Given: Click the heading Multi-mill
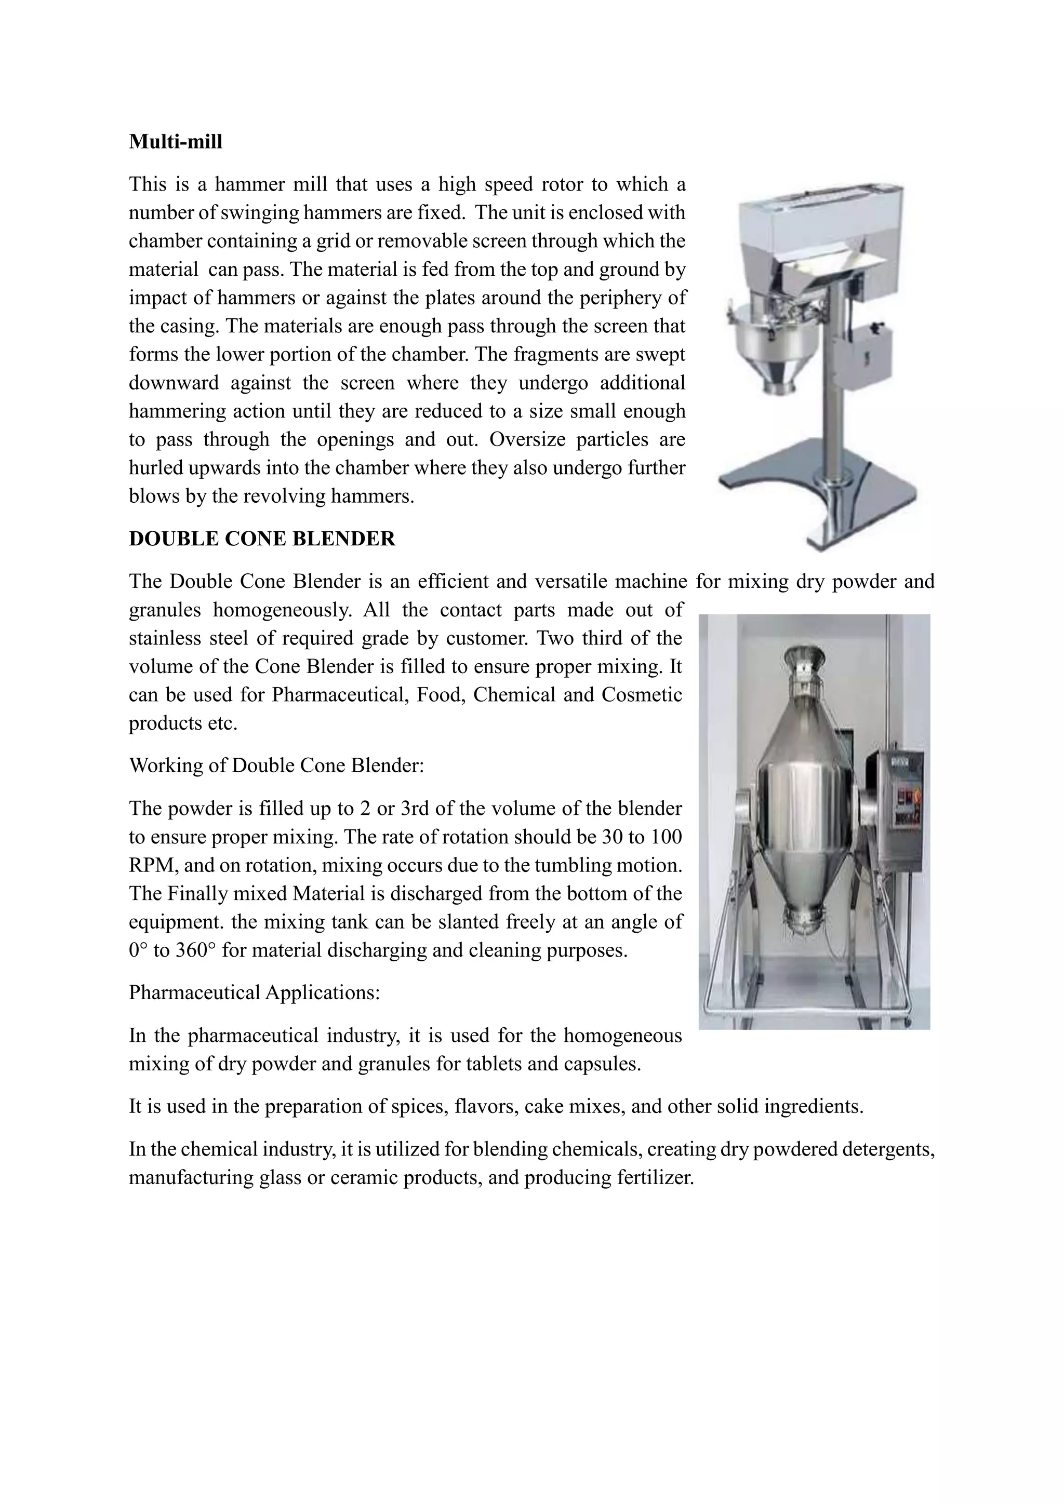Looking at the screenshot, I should (x=176, y=141).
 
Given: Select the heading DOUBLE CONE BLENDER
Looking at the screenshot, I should (x=262, y=539).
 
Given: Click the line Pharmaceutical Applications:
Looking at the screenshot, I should (x=254, y=992).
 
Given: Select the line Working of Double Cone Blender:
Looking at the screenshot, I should (x=276, y=765).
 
